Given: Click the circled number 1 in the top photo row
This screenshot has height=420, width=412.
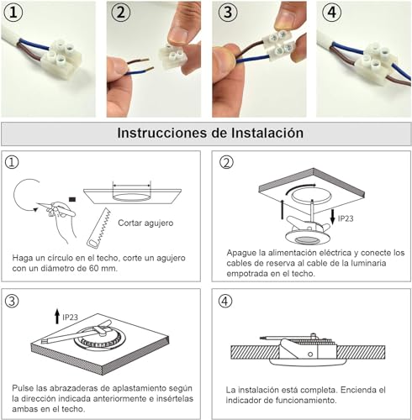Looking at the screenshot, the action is pos(13,13).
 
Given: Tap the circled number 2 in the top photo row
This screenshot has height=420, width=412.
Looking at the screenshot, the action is pos(120,13).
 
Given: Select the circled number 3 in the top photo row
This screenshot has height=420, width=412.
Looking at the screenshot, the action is pos(228,13).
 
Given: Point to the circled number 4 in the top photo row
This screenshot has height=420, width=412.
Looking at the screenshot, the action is pos(332,13).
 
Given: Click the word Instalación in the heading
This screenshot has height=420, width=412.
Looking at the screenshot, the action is pos(267,133).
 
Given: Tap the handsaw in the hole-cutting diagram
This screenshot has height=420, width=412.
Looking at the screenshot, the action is pos(99,228).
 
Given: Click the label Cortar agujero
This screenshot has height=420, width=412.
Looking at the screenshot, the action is pos(145,223).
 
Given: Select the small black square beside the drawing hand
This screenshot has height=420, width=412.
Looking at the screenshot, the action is pos(72,199).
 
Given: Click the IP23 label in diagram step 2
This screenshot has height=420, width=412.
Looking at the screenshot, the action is pos(346,218).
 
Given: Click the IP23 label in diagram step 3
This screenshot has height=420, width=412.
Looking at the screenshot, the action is pos(70,318).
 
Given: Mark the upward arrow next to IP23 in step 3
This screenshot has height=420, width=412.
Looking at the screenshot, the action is pos(57,316).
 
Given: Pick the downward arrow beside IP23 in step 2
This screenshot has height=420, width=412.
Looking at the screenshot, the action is pos(333,217).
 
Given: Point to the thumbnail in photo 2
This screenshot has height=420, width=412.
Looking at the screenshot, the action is pos(178,34).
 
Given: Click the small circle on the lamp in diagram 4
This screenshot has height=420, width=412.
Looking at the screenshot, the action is pos(310,354).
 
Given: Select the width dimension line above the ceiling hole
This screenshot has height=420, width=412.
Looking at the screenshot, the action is pos(132,185).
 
